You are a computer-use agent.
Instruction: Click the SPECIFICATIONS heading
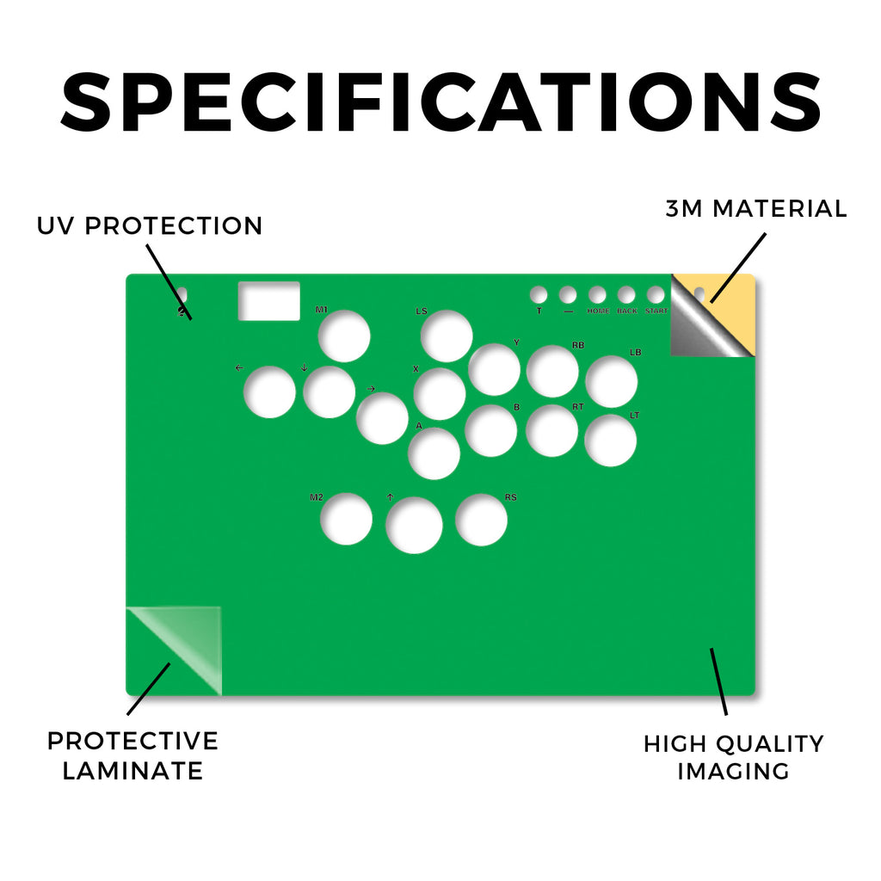coord(441,102)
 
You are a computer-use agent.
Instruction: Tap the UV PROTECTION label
coord(150,226)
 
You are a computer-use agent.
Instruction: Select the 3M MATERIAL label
coord(755,208)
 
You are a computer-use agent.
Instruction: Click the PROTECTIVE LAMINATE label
coord(132,755)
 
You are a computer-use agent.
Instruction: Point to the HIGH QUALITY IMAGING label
coord(733,757)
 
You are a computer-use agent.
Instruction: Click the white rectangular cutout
coord(269,301)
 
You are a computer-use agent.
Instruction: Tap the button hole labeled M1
coord(344,336)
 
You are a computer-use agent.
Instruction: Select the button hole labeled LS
coord(447,336)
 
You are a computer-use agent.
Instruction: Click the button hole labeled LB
coord(612,381)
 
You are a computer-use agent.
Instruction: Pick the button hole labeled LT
coord(610,440)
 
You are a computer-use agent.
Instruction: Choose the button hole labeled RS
coord(482,520)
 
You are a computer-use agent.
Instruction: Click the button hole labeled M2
coord(346,519)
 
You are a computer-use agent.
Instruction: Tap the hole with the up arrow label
coord(414,526)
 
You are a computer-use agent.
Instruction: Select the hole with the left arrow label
coord(269,391)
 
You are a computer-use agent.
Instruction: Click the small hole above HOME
coord(597,294)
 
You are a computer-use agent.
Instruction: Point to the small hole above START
coord(656,294)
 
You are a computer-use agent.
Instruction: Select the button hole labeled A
coord(434,453)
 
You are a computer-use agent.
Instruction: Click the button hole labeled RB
coord(552,372)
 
